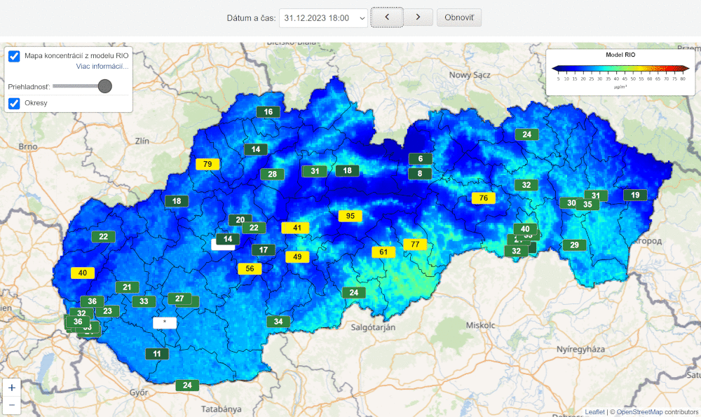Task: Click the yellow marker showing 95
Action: point(350,216)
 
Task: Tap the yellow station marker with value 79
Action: point(207,164)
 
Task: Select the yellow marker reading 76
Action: point(484,198)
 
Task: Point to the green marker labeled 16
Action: point(268,111)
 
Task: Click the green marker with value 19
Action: point(635,196)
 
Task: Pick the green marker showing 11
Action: point(157,354)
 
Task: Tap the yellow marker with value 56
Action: point(250,268)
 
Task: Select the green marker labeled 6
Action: point(421,159)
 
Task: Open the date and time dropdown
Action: point(323,18)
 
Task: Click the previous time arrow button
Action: point(387,18)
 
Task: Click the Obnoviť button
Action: point(459,18)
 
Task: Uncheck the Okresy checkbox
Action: point(14,104)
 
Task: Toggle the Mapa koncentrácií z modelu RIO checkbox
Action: point(14,56)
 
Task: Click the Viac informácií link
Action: point(102,67)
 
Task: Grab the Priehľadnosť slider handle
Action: point(104,86)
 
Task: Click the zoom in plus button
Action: point(12,387)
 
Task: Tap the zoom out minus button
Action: point(12,404)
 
